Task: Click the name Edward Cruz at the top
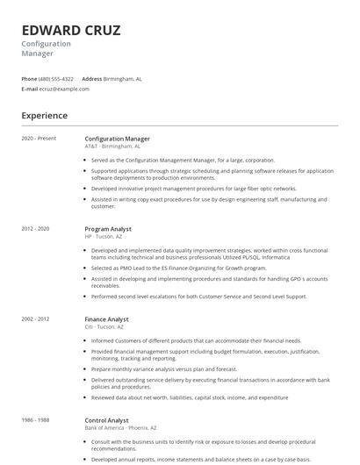click(x=71, y=30)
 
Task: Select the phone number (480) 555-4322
click(x=57, y=78)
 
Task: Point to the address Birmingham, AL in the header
click(x=123, y=78)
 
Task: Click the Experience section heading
click(x=44, y=115)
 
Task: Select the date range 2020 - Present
click(x=39, y=139)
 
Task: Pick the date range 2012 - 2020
click(x=36, y=228)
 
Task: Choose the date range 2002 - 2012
click(x=36, y=318)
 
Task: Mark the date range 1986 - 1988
click(x=36, y=419)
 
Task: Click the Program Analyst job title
click(x=109, y=228)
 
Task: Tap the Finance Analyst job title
click(x=106, y=318)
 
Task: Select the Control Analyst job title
click(x=106, y=419)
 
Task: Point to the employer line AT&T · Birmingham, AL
click(x=112, y=147)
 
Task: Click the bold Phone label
click(x=29, y=78)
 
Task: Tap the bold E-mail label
click(x=30, y=89)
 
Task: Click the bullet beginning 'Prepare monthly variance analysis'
click(x=164, y=368)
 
